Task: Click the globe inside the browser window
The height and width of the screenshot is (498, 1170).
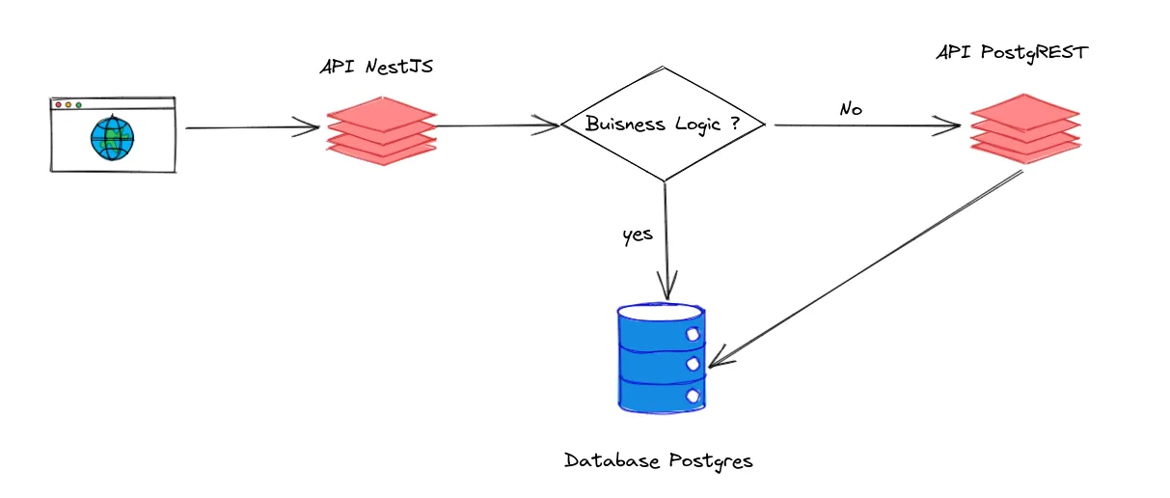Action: click(x=112, y=138)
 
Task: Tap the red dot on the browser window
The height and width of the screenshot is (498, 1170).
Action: click(x=58, y=104)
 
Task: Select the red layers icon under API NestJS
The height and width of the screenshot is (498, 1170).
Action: click(x=381, y=130)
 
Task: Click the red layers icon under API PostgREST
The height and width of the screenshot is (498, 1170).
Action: click(x=1024, y=128)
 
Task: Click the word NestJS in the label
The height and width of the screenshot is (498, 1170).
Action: click(x=409, y=69)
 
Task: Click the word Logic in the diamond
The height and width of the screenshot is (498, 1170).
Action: click(x=702, y=124)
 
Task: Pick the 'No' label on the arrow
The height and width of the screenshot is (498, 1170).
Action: click(x=850, y=110)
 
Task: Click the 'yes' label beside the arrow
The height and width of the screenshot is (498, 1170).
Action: click(x=638, y=235)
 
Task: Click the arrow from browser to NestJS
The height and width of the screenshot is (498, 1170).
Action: click(x=251, y=127)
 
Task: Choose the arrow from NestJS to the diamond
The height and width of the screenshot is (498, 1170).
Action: click(x=497, y=124)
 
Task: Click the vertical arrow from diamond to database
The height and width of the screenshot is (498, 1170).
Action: click(x=666, y=241)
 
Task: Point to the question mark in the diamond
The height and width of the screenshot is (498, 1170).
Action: click(x=748, y=123)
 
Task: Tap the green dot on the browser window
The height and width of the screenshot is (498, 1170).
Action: click(x=79, y=104)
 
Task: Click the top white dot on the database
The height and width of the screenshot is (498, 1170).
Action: click(x=693, y=333)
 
